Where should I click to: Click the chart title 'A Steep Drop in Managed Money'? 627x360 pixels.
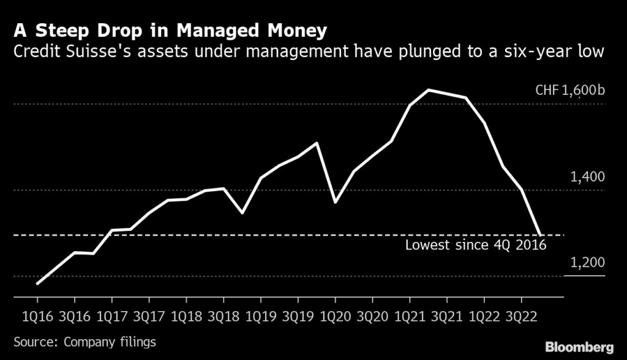(171, 31)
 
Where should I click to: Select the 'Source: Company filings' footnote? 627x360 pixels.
(85, 342)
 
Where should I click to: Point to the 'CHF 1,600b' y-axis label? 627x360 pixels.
(570, 91)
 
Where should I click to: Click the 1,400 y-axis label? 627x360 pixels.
(587, 178)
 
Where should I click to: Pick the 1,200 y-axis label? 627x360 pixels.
(587, 263)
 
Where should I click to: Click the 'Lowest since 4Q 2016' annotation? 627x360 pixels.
(475, 246)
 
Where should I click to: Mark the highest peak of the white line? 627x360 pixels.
(429, 90)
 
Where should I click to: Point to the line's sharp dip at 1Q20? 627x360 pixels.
(335, 202)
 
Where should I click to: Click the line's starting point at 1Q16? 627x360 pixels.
(38, 283)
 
